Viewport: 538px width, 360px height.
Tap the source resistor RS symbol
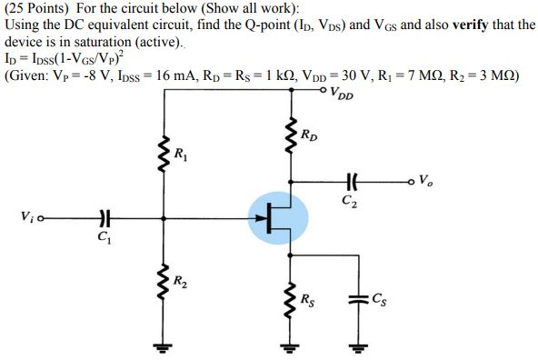[291, 297]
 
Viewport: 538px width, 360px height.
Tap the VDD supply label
[342, 93]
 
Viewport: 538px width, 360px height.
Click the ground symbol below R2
[163, 345]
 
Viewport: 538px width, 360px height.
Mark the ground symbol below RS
[291, 345]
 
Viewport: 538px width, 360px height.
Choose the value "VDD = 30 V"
[335, 75]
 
